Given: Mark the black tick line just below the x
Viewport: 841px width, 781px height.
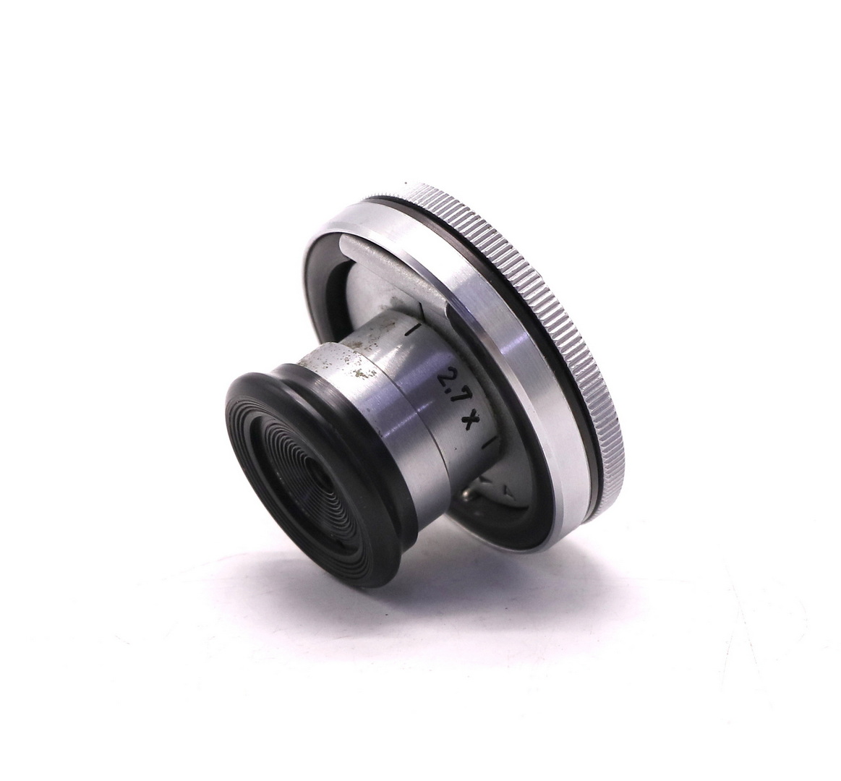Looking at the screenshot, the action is click(490, 443).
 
